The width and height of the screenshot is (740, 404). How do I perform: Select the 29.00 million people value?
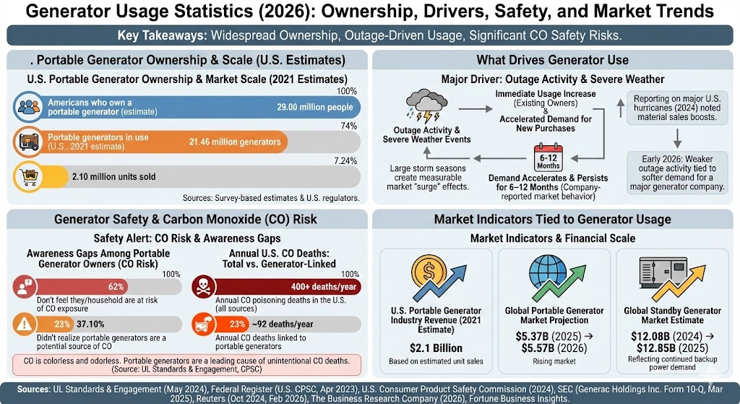(314, 108)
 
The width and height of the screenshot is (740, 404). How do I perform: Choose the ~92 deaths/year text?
(283, 325)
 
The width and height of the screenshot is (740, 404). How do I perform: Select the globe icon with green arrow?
(551, 275)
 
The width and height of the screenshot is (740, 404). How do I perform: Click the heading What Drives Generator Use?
(552, 59)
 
